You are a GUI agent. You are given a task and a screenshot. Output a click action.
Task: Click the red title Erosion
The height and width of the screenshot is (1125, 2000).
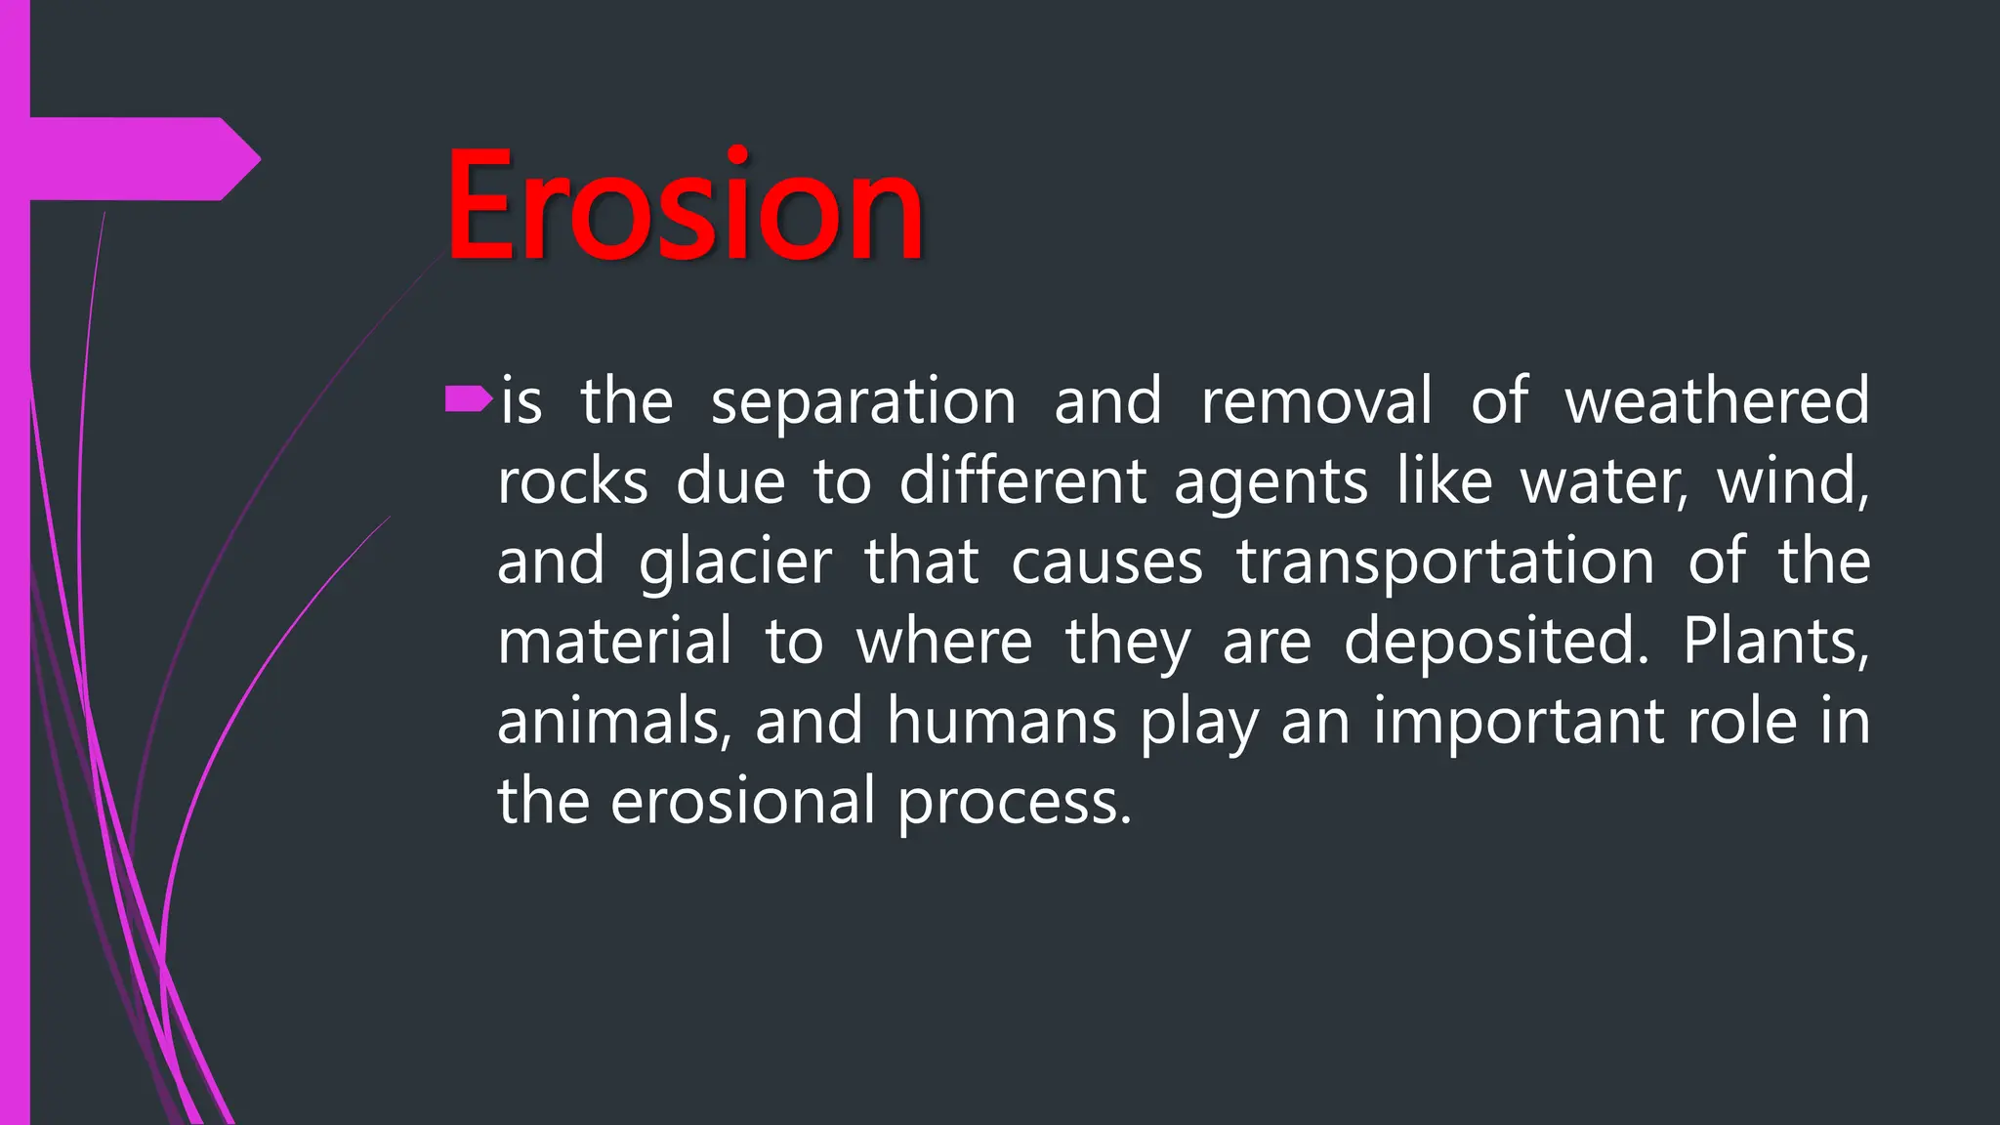(684, 207)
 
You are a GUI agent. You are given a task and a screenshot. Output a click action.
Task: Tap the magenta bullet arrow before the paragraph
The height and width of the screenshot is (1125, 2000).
(468, 398)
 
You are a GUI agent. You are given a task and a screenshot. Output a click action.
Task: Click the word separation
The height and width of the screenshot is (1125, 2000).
(863, 402)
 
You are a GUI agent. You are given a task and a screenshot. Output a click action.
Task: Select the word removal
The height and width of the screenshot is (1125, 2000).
(1316, 400)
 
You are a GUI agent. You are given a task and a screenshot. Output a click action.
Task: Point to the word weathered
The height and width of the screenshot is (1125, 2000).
(1717, 400)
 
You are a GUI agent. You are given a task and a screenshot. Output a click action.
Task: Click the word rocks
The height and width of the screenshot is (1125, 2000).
(572, 482)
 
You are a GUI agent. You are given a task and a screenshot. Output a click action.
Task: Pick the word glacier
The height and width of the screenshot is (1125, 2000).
(734, 564)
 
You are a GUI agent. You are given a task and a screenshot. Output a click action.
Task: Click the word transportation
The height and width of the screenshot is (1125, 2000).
(1445, 564)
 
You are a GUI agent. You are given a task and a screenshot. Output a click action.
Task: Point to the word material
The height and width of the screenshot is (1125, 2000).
(614, 642)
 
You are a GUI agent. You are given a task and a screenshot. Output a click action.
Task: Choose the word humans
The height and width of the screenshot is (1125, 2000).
(1001, 723)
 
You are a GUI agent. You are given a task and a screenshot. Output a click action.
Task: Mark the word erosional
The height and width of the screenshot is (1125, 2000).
(742, 803)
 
